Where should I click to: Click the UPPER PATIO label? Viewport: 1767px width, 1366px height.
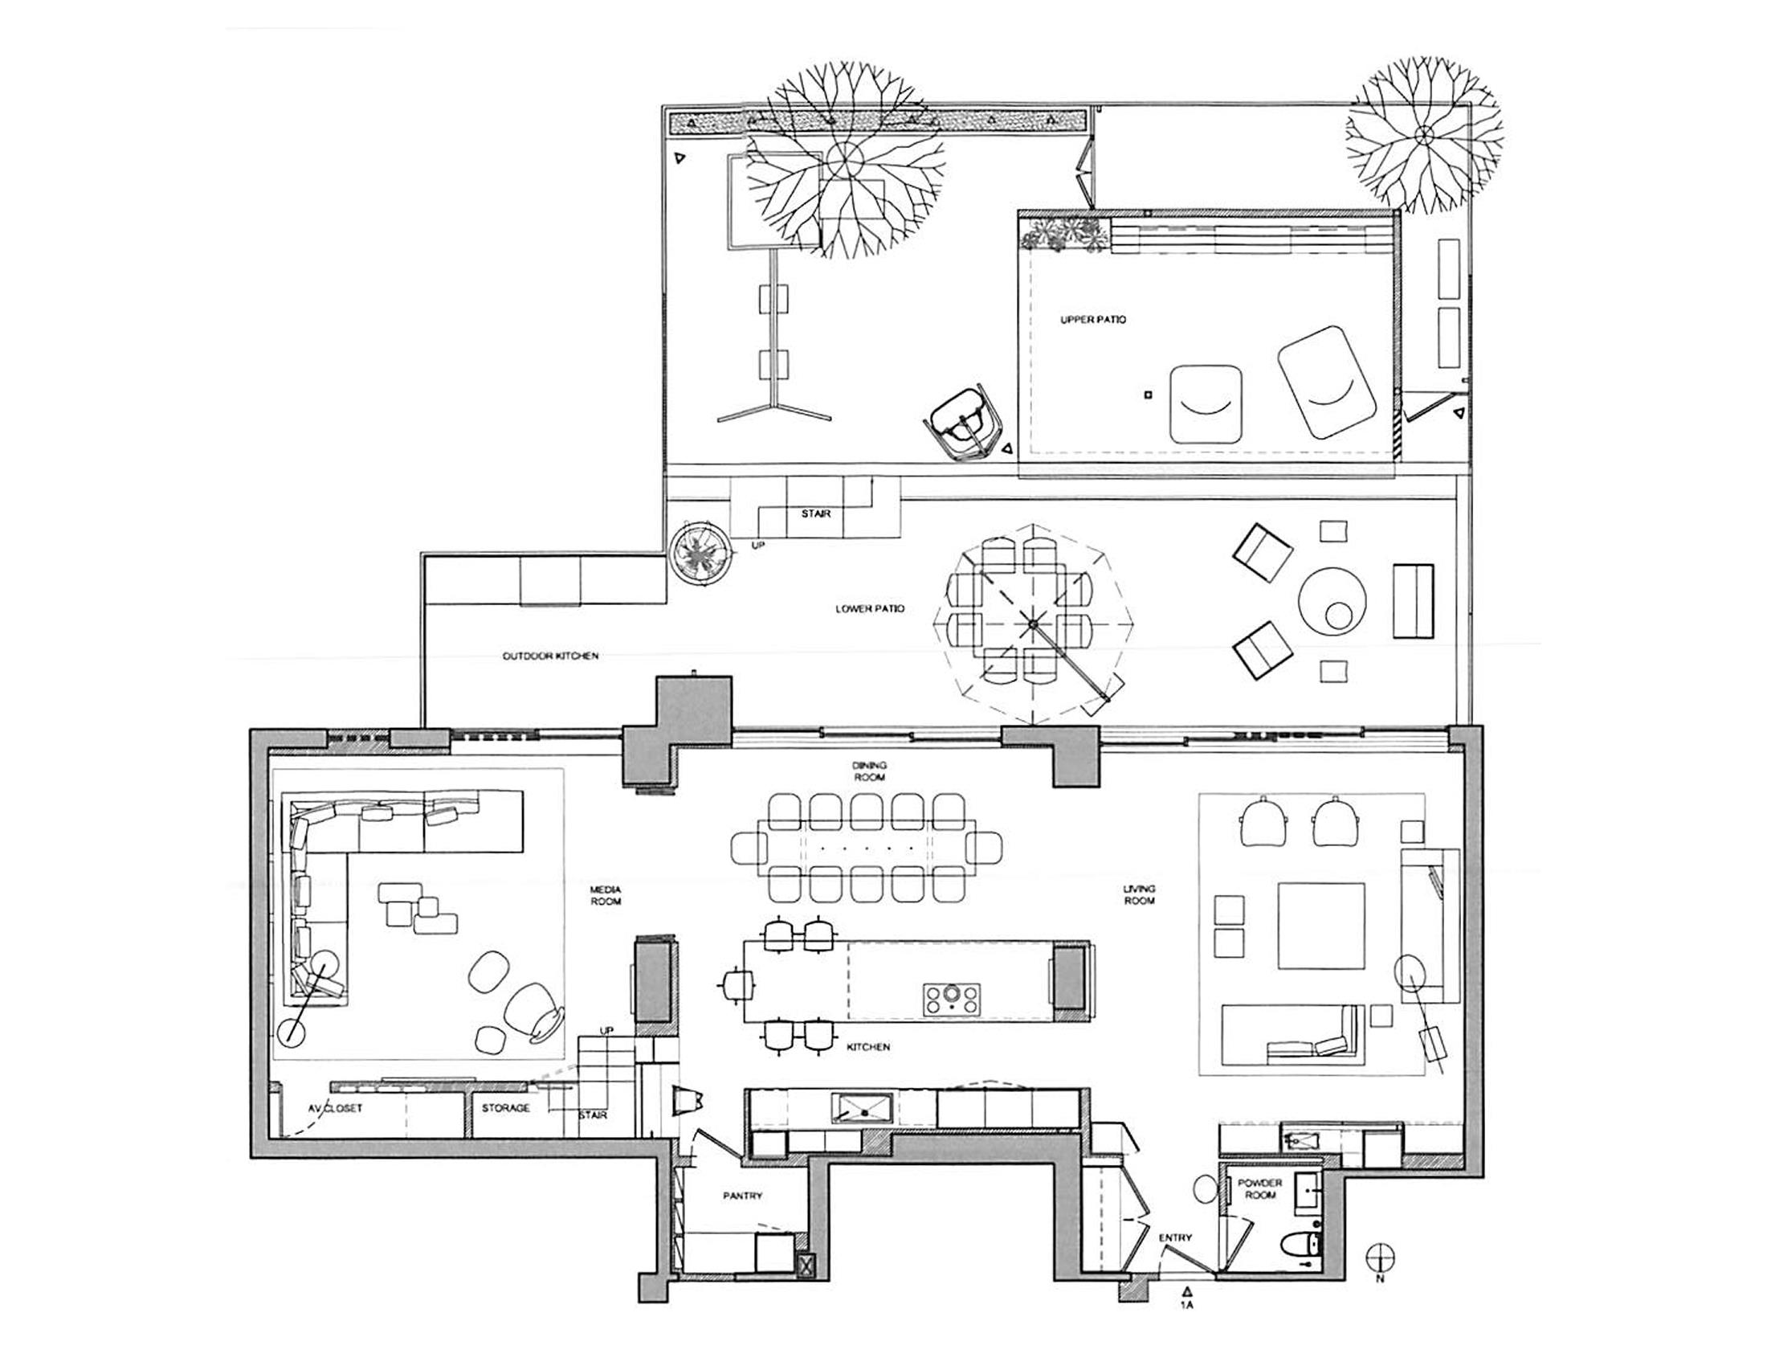pos(1092,320)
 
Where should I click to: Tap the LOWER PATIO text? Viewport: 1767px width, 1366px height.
pos(870,608)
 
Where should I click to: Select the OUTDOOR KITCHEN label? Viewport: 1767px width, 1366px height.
pos(550,656)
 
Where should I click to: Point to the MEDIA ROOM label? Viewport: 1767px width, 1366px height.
pos(605,895)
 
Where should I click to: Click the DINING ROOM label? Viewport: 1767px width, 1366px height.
pos(869,771)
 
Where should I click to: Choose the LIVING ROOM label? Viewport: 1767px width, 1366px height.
pos(1138,894)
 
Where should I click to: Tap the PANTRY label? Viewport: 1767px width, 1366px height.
pos(742,1196)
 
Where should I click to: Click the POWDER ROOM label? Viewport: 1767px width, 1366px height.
pos(1259,1188)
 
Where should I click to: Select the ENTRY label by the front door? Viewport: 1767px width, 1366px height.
pos(1175,1238)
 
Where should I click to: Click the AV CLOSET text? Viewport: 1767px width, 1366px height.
pos(335,1109)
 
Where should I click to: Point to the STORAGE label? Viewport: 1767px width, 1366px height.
pos(506,1108)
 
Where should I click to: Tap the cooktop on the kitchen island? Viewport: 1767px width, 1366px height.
pos(952,999)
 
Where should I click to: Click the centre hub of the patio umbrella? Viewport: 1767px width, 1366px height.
pos(1032,624)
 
